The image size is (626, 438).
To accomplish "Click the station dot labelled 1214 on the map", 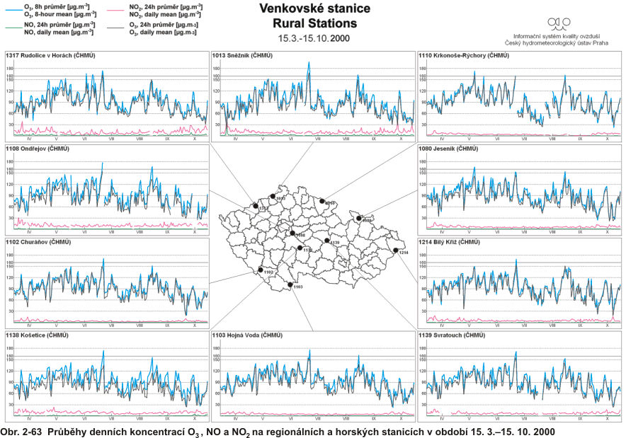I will click(396, 250).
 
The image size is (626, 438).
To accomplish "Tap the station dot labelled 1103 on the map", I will click(290, 284).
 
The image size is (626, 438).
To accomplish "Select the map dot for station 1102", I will click(261, 270).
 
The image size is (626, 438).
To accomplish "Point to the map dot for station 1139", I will click(326, 241).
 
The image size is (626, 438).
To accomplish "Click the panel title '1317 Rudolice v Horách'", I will click(50, 54).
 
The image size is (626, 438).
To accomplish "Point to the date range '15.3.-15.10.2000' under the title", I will click(314, 38).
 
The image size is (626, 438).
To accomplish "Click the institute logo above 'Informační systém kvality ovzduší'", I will click(559, 23).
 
